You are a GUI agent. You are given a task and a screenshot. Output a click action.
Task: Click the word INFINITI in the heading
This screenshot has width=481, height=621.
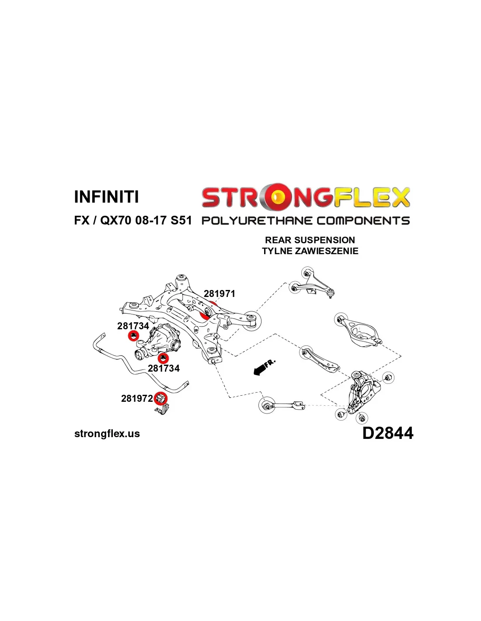click(x=106, y=197)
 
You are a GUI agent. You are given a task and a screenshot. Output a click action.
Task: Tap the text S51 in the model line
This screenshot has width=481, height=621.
click(x=181, y=221)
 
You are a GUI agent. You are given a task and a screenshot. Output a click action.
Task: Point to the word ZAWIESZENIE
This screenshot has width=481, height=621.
click(x=326, y=251)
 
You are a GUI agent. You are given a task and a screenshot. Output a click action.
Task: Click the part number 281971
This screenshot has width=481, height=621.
click(x=219, y=293)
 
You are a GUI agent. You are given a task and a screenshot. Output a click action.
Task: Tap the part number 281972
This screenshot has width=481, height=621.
click(x=137, y=398)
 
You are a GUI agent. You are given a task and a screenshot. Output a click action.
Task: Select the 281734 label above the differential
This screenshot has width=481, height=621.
click(x=133, y=326)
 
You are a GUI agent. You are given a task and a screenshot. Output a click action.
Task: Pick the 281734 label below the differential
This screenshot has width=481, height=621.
click(x=164, y=368)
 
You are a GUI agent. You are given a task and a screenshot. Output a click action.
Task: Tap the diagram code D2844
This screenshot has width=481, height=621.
click(x=388, y=433)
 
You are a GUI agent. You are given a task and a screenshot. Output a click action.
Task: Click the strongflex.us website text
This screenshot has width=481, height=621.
click(x=107, y=434)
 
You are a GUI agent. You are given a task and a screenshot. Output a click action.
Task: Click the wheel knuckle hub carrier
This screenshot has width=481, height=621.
click(x=363, y=392)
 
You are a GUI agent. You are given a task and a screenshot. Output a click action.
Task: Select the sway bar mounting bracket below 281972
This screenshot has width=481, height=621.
click(x=162, y=410)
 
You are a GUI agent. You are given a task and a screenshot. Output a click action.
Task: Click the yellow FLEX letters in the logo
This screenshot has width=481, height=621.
click(x=372, y=198)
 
